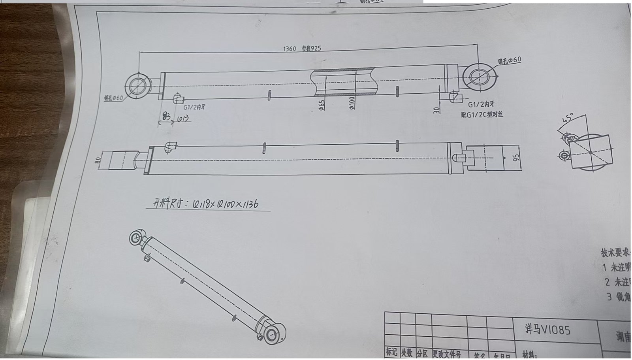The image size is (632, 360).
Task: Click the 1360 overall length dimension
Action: (x=290, y=49)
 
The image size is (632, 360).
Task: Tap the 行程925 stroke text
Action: (x=311, y=49)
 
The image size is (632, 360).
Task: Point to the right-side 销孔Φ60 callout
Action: (x=510, y=60)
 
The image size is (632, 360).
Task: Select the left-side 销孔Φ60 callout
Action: (x=113, y=98)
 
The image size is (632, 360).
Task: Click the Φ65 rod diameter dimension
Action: (x=322, y=105)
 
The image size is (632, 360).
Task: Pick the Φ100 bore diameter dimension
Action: (x=352, y=103)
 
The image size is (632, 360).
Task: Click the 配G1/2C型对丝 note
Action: (x=482, y=115)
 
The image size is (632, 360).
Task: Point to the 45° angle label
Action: (x=568, y=118)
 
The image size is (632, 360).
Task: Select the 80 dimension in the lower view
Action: (x=98, y=160)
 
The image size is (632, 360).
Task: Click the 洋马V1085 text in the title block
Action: (x=547, y=330)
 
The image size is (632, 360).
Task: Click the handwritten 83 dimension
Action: (x=166, y=117)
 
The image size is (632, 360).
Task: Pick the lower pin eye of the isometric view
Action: (x=272, y=335)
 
